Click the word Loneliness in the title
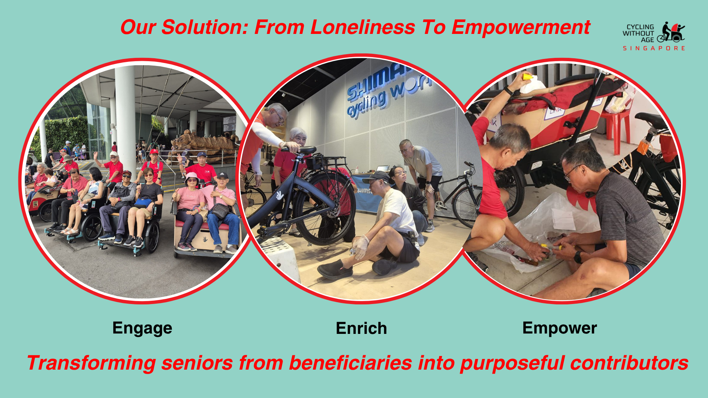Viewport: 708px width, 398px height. (x=363, y=27)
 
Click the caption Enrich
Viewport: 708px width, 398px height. (x=361, y=328)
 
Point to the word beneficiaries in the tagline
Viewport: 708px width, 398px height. (x=350, y=363)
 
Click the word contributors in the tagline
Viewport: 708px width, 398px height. (x=629, y=363)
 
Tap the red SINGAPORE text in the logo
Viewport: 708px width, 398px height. (x=654, y=48)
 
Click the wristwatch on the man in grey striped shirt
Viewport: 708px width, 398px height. (x=578, y=257)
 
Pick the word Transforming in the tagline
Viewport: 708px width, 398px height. (x=91, y=363)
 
